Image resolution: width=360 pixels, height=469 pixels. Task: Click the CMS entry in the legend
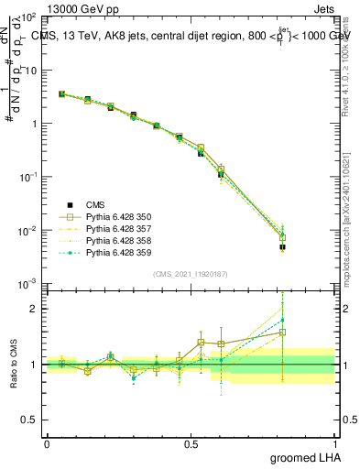pyautogui.click(x=96, y=204)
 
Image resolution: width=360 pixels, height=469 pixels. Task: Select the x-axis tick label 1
pyautogui.click(x=333, y=443)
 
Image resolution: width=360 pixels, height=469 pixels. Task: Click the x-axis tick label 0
pyautogui.click(x=47, y=443)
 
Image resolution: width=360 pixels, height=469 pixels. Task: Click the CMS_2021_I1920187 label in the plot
pyautogui.click(x=190, y=274)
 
